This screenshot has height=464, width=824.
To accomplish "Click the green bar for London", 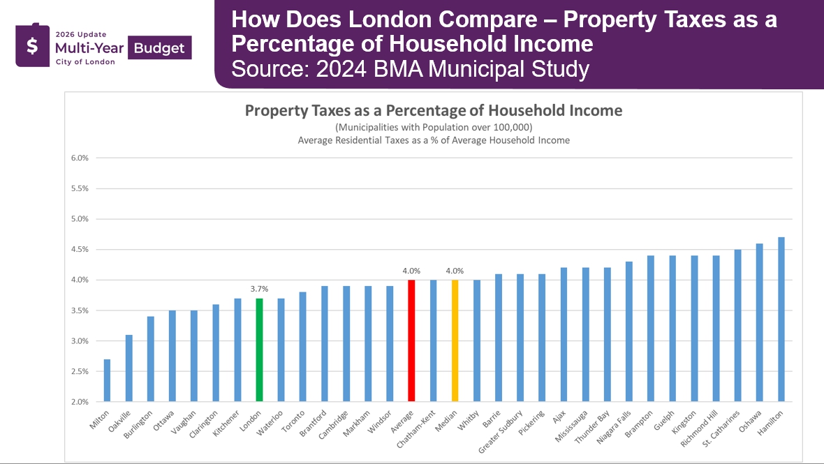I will pyautogui.click(x=259, y=350).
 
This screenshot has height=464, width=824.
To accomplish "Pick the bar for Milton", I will pyautogui.click(x=107, y=380).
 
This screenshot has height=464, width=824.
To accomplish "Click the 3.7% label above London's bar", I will pyautogui.click(x=259, y=288).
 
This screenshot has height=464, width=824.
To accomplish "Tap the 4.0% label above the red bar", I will pyautogui.click(x=411, y=270).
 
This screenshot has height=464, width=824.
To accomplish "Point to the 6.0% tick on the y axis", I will pyautogui.click(x=80, y=158).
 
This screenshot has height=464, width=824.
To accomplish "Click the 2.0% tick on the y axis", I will pyautogui.click(x=80, y=402).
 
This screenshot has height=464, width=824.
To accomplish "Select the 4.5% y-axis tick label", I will pyautogui.click(x=80, y=249).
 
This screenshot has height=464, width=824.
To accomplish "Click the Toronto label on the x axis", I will pyautogui.click(x=294, y=421).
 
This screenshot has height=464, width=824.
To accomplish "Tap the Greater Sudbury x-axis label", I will pyautogui.click(x=500, y=431).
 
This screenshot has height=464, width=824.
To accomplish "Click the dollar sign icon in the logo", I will pyautogui.click(x=32, y=47).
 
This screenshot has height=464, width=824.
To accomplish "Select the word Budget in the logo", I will pyautogui.click(x=159, y=47).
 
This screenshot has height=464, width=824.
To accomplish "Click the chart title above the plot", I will pyautogui.click(x=433, y=110).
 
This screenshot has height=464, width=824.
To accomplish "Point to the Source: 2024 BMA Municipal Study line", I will pyautogui.click(x=410, y=70).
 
